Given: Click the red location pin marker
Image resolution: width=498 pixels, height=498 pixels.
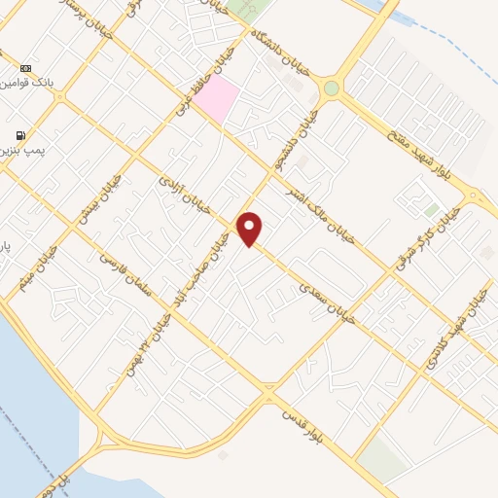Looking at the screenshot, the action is pos(250,229).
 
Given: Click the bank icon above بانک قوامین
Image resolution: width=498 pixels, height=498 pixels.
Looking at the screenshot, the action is pos(25,68).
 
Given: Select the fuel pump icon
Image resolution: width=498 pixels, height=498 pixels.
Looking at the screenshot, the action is pos(19,135).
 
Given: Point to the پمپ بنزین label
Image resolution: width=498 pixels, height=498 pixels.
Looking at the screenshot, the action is pos(29,152).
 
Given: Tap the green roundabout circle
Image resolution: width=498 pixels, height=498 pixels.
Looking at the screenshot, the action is pos(332,89).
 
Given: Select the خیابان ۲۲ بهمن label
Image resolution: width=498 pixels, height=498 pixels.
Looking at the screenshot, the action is pos(129,354).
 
